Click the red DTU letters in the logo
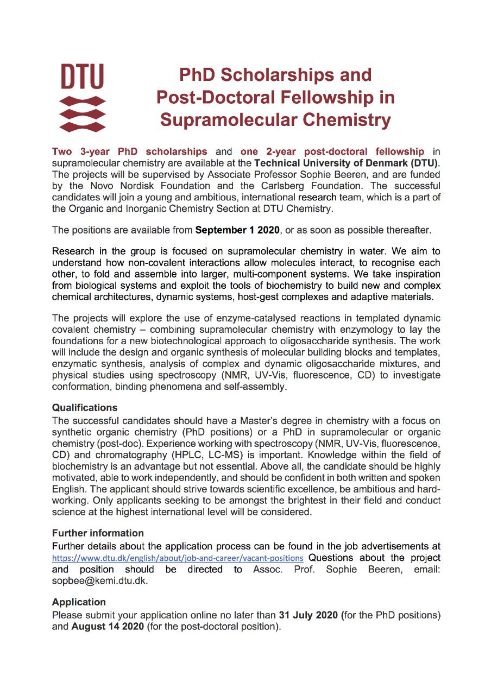(82, 77)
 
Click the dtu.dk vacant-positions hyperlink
(177, 558)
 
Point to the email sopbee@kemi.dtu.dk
(100, 580)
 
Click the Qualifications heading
(85, 407)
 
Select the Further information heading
(98, 533)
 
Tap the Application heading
(79, 602)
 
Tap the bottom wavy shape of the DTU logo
(82, 127)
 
